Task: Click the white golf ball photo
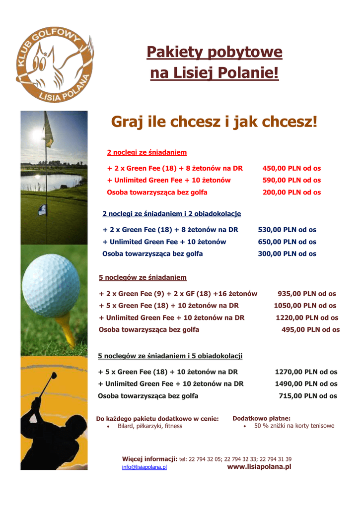tap(51, 285)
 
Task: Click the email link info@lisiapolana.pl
tap(144, 467)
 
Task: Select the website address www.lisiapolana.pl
tap(259, 467)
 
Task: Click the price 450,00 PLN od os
tap(291, 168)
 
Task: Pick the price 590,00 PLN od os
tap(291, 180)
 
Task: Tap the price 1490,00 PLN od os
tap(306, 383)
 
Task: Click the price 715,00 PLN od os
tap(308, 396)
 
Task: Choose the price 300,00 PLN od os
tap(287, 254)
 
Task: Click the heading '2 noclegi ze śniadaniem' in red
tap(147, 152)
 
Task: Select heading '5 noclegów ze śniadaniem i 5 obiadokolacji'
tap(170, 356)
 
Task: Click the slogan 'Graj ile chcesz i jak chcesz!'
tap(214, 122)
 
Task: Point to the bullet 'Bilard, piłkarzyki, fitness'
tap(149, 426)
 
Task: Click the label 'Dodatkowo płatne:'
tap(261, 418)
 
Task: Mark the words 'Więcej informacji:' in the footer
tap(149, 459)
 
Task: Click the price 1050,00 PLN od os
tap(305, 306)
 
